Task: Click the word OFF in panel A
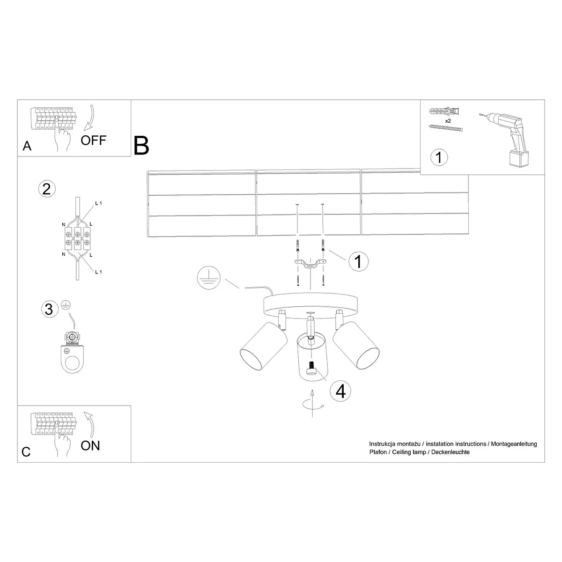(x=93, y=140)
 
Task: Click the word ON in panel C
(x=90, y=445)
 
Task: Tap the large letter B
(x=141, y=146)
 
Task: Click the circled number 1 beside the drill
(x=439, y=157)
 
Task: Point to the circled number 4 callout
(x=340, y=391)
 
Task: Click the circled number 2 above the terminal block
(x=46, y=189)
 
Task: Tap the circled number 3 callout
(x=48, y=309)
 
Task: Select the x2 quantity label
(x=447, y=121)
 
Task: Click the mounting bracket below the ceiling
(x=310, y=265)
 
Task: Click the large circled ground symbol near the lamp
(x=208, y=278)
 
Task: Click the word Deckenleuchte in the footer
(x=450, y=452)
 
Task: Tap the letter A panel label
(x=27, y=147)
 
